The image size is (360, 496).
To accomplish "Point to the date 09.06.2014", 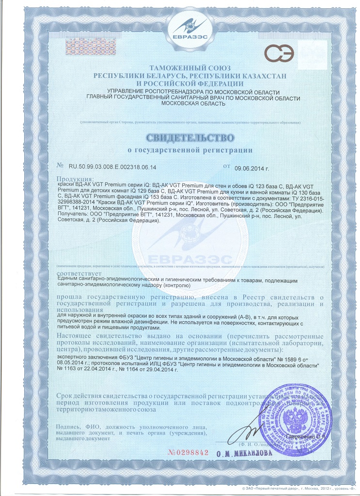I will coord(251,168).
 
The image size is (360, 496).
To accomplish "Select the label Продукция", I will coord(73,179).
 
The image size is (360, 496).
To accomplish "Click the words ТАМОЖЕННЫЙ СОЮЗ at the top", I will coord(183,68).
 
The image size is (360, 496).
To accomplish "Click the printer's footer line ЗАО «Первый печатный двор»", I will coord(271,491).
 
